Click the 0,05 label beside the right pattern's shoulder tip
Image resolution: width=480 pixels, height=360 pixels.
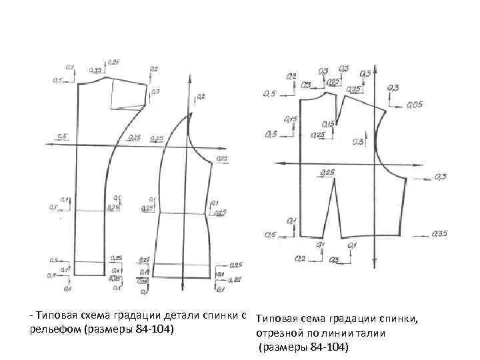tap(414, 105)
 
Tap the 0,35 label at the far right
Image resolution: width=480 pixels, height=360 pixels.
tap(439, 234)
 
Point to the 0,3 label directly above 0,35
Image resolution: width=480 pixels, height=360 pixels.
tap(440, 177)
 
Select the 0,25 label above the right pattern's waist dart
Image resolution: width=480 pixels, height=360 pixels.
tap(327, 172)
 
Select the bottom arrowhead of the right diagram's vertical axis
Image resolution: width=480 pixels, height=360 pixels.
tap(375, 263)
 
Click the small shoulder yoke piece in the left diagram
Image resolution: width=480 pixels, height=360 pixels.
tap(129, 94)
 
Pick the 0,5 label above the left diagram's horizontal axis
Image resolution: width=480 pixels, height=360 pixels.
tap(63, 137)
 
